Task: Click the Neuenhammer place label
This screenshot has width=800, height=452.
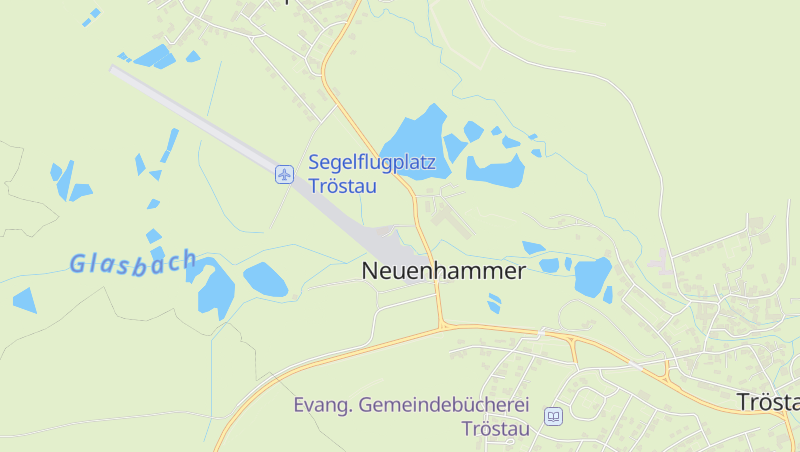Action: pos(443,270)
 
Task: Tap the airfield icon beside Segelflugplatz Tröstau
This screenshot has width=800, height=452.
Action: pos(285,175)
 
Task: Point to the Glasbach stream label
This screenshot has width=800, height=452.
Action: pos(132,263)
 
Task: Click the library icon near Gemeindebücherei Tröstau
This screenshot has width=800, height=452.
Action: pos(553,415)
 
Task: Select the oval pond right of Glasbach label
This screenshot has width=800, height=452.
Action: pos(265,280)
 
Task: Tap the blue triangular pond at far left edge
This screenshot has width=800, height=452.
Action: pos(24,299)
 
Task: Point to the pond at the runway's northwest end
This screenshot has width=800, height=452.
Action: pos(155,56)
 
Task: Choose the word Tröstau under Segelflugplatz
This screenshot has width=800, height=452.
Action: pos(341,186)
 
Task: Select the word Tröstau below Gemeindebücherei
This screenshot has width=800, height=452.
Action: pos(494,429)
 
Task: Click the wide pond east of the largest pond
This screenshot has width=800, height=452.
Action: pos(496,171)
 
